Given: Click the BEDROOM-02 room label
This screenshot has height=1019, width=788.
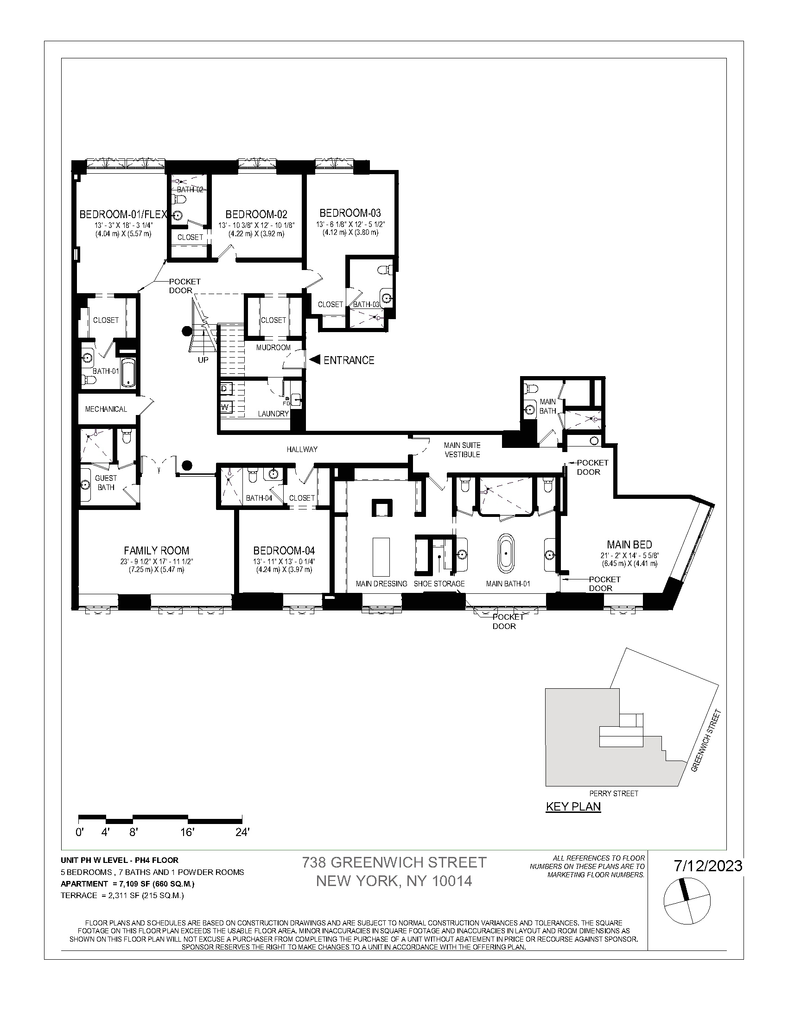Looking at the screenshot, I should point(256,214).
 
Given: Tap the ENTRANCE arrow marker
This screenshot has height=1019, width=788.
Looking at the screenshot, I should point(315,360).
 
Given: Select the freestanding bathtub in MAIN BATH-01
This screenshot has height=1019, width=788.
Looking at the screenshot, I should point(506,554).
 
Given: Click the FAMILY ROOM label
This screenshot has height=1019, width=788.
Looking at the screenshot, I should point(156,551).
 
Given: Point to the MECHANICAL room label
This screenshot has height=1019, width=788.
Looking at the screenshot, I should point(106,409).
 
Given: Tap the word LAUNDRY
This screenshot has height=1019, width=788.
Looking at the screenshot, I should point(273,414).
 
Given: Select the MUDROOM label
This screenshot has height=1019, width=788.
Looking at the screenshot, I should point(273,347).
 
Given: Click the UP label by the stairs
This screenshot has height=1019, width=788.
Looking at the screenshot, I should point(203,360).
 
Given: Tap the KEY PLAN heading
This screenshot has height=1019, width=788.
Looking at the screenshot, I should point(573,807).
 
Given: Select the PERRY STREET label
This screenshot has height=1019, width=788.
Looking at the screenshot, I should point(613,793).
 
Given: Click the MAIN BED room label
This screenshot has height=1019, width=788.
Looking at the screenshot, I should point(629,545).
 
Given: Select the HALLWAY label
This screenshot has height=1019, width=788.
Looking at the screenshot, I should point(302,449).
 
